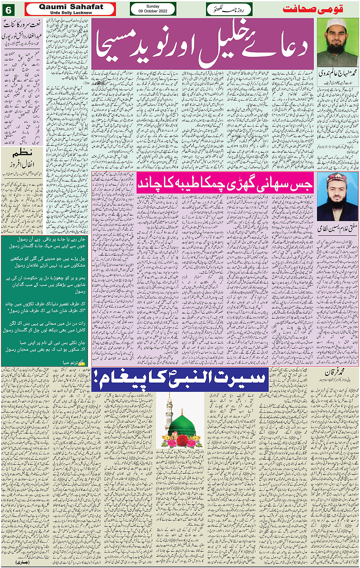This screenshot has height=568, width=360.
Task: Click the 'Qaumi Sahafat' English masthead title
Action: [71, 6]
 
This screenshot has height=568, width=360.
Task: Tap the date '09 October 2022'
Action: [153, 11]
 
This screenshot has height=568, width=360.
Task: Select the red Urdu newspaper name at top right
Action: [313, 9]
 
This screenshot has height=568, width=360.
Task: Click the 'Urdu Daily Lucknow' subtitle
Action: [71, 13]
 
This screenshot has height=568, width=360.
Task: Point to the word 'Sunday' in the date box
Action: [153, 6]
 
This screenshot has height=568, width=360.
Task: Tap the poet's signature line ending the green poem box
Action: [72, 363]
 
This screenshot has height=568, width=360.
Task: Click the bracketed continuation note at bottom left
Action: [22, 562]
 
